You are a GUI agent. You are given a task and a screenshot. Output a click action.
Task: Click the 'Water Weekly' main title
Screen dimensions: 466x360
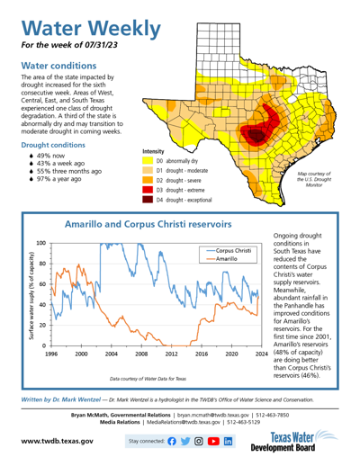[87, 25]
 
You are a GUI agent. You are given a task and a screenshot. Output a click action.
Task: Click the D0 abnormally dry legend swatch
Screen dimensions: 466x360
[147, 161]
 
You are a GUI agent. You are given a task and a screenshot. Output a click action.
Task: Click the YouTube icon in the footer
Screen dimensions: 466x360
[214, 442]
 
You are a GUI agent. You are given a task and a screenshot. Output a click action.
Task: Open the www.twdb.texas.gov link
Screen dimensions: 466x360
[57, 442]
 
